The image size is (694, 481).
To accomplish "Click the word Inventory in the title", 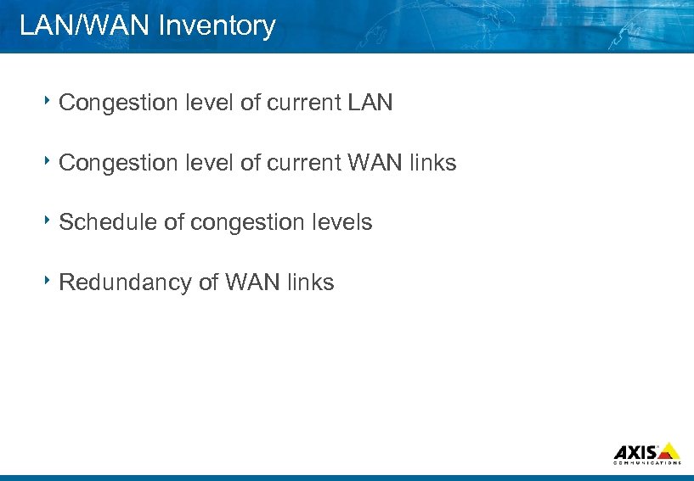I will click(x=217, y=26).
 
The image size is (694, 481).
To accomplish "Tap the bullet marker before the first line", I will click(x=49, y=102).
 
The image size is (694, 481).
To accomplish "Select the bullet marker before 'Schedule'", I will click(x=49, y=221).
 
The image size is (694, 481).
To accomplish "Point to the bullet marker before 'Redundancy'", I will click(x=49, y=280).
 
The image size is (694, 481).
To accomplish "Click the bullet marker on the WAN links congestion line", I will click(x=49, y=161).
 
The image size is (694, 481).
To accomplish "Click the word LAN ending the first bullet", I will click(x=370, y=103).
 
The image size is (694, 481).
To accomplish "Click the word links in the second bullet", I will click(x=432, y=163).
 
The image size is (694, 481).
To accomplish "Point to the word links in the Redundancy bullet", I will click(x=310, y=282).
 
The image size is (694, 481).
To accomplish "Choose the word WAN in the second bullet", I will click(x=373, y=163).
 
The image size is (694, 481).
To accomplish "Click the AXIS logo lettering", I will click(x=635, y=451).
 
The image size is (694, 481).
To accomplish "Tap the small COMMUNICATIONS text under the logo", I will click(x=647, y=463).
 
